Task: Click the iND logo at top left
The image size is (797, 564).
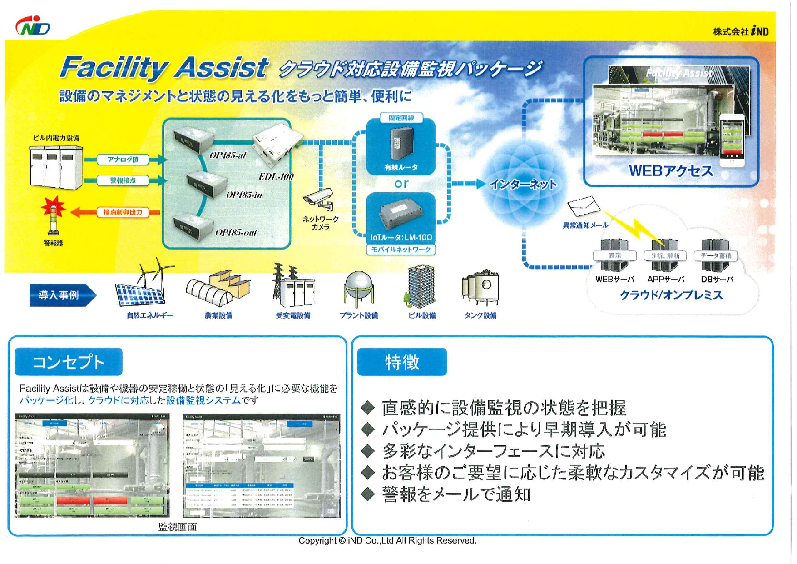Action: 33,26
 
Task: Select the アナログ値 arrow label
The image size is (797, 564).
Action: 123,160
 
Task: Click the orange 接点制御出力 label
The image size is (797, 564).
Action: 123,212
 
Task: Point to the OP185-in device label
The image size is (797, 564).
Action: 244,195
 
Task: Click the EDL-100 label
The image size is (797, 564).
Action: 276,176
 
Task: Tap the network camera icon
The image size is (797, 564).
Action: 319,199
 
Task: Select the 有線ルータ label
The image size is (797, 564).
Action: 401,167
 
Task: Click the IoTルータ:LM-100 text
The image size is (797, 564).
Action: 401,237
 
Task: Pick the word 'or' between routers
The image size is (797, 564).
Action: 401,184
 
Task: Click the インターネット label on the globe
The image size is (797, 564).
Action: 523,185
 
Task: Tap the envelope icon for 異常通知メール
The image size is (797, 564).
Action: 584,206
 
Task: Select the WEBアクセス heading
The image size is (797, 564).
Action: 671,171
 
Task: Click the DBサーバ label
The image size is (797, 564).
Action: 717,280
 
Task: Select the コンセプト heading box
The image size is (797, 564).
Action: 69,362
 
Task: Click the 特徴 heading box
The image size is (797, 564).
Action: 402,362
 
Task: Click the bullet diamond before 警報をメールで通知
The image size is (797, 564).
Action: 368,494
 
